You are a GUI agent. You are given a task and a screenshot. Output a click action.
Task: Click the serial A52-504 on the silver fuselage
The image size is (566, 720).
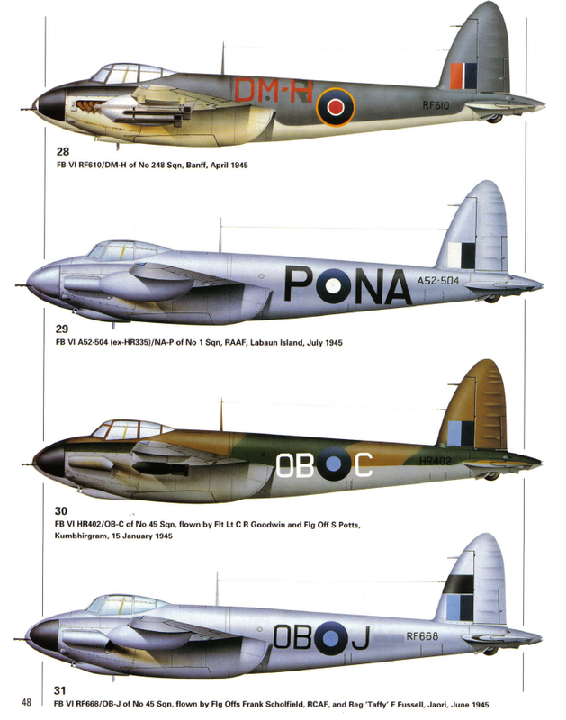(441, 281)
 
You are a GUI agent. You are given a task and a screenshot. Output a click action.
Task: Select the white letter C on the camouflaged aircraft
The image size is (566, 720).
(363, 464)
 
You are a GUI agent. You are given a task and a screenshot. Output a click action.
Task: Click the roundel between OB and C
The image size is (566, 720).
(334, 464)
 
